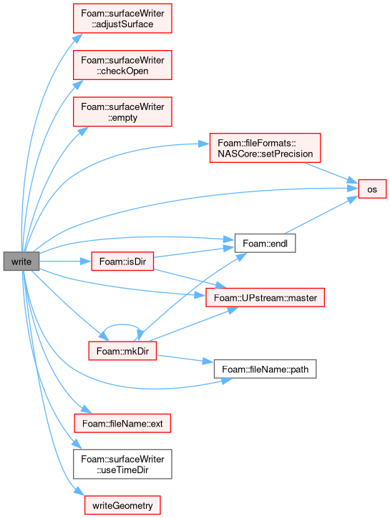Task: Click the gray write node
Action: point(21,262)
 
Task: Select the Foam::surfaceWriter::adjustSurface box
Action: point(122,19)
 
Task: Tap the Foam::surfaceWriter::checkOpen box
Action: point(122,65)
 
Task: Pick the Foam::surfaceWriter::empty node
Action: point(122,111)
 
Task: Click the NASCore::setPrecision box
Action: point(265,148)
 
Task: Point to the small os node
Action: point(372,189)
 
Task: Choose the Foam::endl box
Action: point(265,244)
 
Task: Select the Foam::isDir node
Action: point(122,262)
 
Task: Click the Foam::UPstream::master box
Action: point(265,297)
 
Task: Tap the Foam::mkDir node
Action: point(122,351)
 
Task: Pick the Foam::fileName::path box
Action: point(265,369)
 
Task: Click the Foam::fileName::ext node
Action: point(122,423)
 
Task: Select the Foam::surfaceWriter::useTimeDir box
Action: point(122,464)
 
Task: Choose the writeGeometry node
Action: point(122,505)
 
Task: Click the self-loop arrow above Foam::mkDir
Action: point(122,325)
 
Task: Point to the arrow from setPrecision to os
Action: point(331,173)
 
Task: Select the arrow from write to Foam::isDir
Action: point(65,262)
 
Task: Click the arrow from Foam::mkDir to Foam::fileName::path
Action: point(185,359)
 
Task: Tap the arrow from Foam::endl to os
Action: point(321,215)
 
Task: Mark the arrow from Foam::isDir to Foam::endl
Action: point(194,251)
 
